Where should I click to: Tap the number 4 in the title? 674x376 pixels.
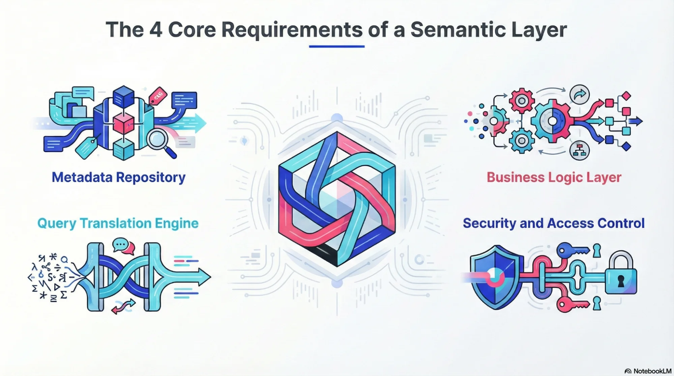(x=156, y=30)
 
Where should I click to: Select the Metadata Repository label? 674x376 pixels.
(x=118, y=177)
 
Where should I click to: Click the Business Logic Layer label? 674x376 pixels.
(x=554, y=177)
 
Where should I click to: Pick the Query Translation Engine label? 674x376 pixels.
(x=118, y=223)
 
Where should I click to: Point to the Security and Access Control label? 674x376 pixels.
(x=553, y=223)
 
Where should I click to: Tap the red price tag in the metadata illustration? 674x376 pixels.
(x=157, y=96)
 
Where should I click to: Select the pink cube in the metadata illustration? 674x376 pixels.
(x=123, y=123)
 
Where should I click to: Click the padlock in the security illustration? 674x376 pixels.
(x=621, y=275)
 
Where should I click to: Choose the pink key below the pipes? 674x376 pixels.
(x=572, y=305)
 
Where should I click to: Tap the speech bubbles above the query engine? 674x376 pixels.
(x=123, y=246)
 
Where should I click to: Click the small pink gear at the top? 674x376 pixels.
(x=522, y=100)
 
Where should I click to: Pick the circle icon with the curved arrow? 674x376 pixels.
(x=580, y=95)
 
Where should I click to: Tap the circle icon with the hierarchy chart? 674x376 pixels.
(x=580, y=150)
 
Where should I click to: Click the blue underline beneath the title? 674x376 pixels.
(x=336, y=46)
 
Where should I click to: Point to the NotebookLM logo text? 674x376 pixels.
(x=652, y=371)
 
